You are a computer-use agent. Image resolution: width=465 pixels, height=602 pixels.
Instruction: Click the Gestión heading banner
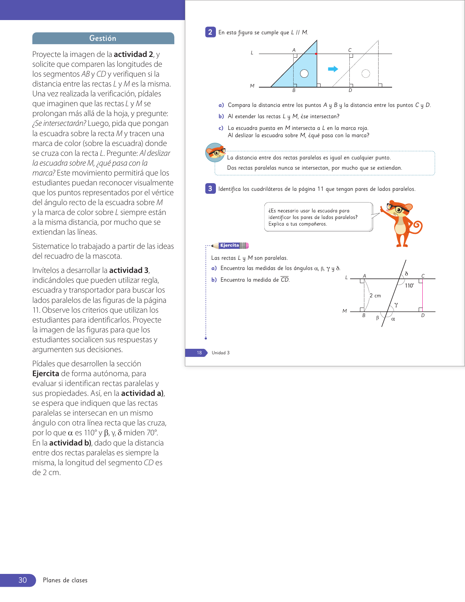(103, 38)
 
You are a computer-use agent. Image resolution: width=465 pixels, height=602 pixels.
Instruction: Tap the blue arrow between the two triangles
(333, 69)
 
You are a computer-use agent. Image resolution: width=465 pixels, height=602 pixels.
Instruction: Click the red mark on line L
(316, 54)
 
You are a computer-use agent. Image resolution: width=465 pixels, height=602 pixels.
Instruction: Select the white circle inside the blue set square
(304, 74)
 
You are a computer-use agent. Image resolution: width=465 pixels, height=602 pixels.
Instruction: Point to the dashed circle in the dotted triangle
(365, 74)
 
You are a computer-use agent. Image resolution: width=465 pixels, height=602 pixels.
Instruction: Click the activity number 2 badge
(210, 32)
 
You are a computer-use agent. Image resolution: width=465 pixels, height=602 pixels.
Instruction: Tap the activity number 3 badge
(210, 189)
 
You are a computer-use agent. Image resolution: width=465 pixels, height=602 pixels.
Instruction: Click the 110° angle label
(409, 286)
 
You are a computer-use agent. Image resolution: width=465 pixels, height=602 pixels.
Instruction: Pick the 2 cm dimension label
(375, 296)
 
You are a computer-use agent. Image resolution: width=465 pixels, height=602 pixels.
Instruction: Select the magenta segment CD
(423, 295)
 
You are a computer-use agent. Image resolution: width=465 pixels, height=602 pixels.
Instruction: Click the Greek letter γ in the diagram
(396, 304)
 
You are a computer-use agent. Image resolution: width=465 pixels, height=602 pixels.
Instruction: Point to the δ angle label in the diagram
(407, 273)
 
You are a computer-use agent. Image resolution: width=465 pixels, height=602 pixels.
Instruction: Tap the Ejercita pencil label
(230, 246)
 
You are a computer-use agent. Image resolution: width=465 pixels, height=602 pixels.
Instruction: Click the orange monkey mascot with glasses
(401, 223)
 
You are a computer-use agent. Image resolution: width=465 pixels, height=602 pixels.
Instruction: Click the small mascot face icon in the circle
(215, 153)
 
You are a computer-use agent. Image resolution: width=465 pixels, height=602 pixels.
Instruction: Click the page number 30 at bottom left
(22, 580)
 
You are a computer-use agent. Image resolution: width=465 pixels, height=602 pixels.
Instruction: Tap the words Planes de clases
(65, 580)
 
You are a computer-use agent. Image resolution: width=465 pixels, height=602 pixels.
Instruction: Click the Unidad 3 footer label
(221, 353)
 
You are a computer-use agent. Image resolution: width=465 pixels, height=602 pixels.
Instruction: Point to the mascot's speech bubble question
(318, 217)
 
